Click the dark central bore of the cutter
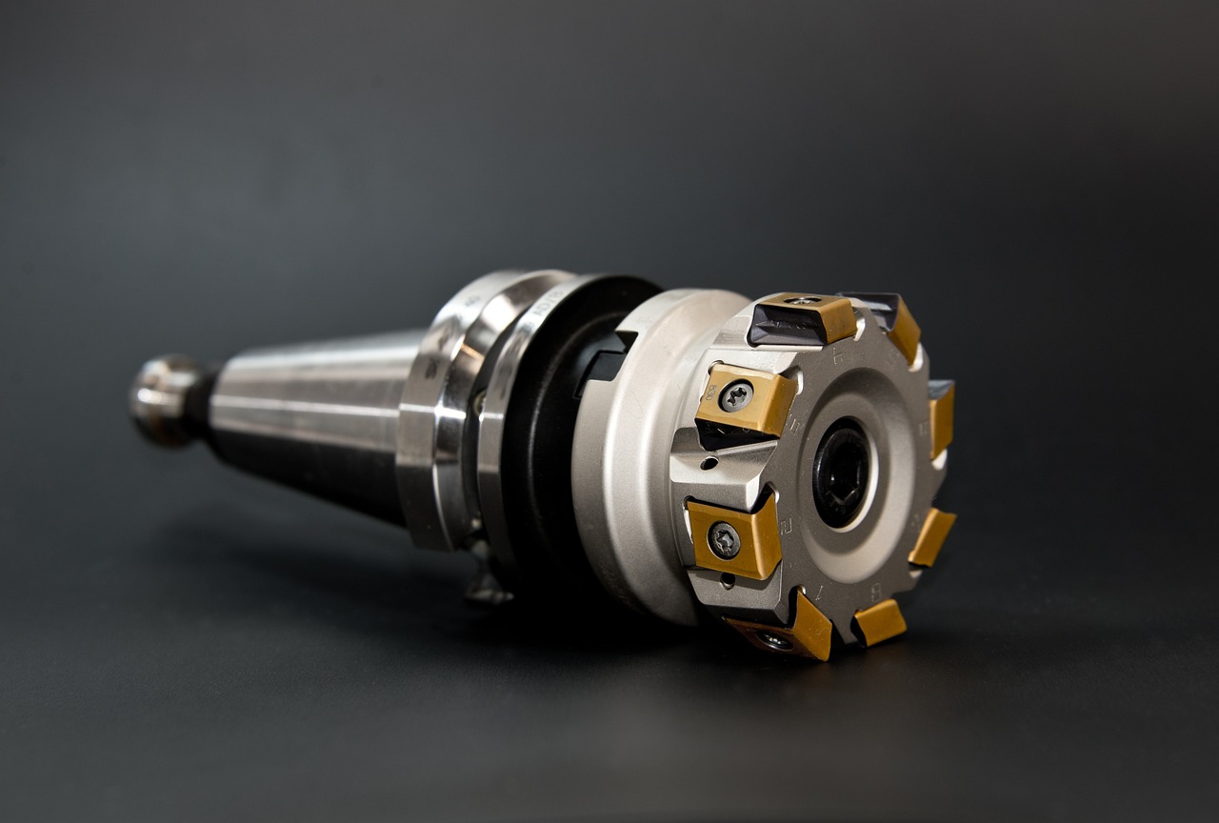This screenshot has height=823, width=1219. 841,472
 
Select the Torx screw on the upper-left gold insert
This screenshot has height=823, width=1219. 735,395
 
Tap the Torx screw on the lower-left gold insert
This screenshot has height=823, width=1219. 724,540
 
